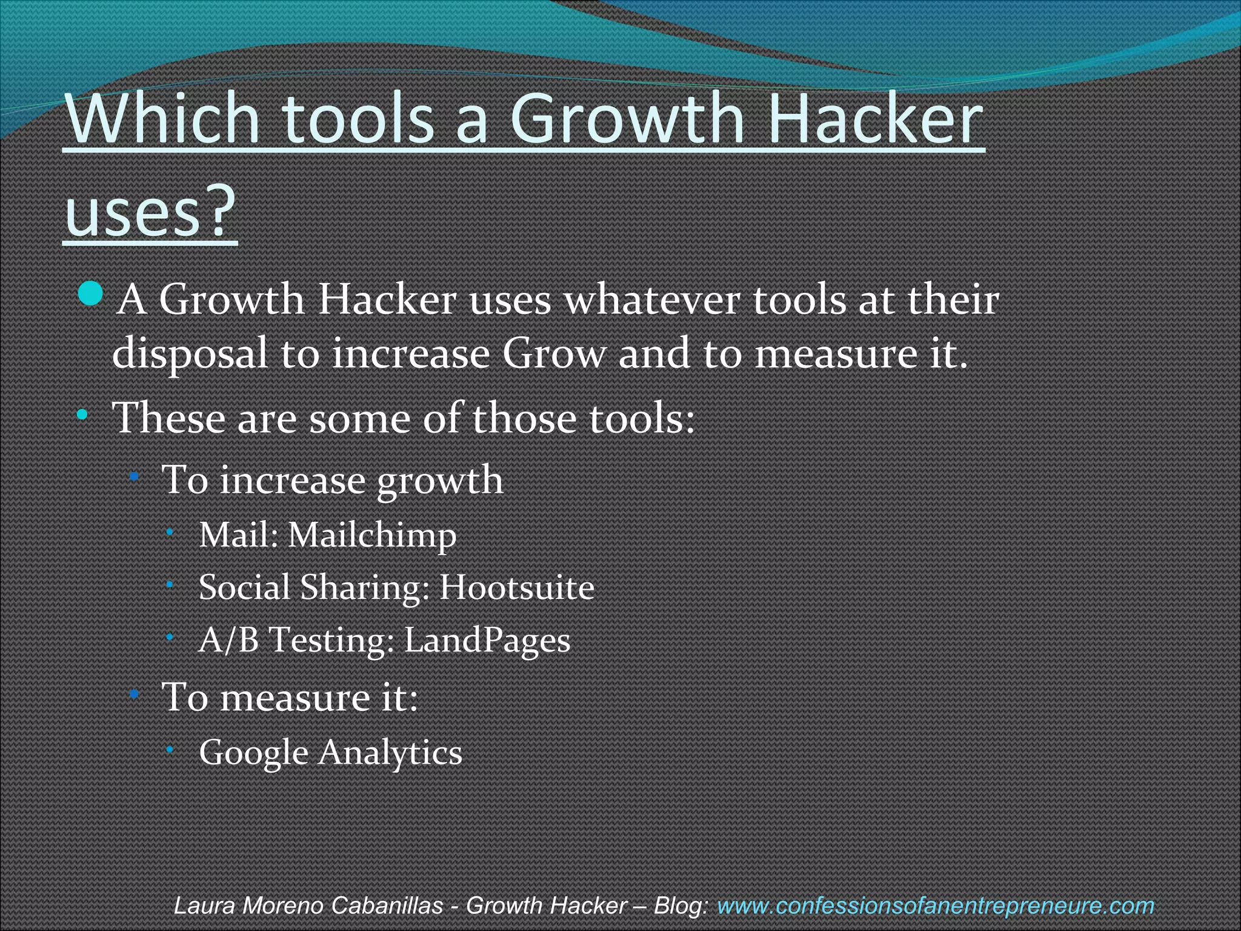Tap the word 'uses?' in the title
click(150, 210)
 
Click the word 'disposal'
click(190, 353)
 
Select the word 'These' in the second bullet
click(169, 418)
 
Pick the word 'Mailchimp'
click(371, 535)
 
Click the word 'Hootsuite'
click(517, 587)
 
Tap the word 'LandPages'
click(487, 640)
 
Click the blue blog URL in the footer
click(935, 906)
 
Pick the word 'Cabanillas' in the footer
click(388, 906)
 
